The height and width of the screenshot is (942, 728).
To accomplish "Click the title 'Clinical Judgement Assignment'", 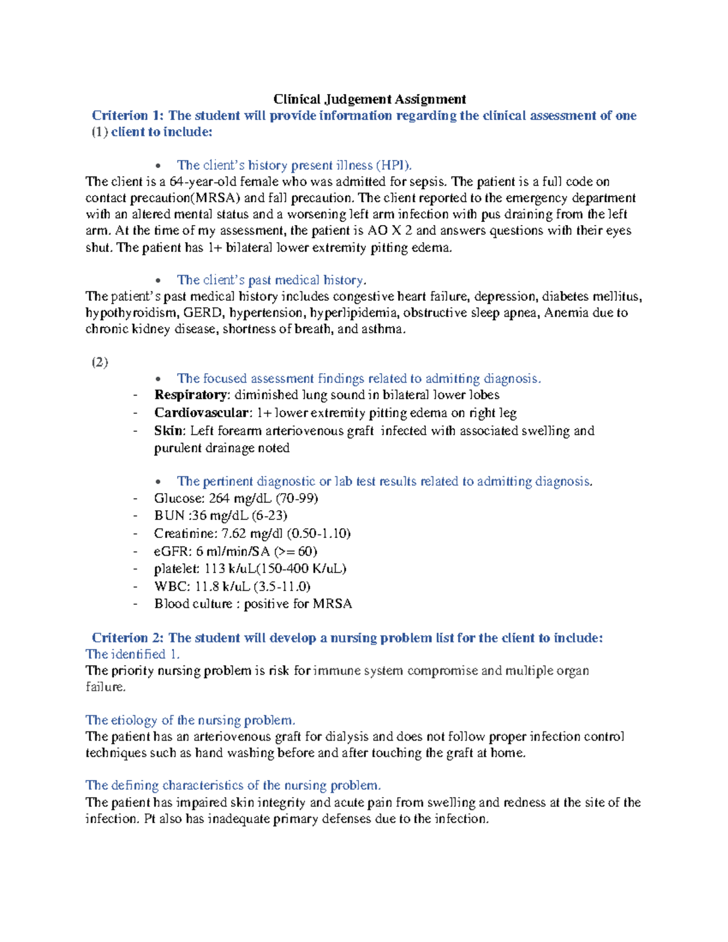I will (x=369, y=99).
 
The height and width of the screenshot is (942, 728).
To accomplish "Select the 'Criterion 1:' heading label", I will (x=128, y=116).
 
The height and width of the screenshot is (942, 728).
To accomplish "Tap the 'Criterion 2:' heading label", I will (x=128, y=638).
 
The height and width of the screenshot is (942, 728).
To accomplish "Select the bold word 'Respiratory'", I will (x=190, y=395).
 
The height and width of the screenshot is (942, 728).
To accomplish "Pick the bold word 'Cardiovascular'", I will (x=201, y=413).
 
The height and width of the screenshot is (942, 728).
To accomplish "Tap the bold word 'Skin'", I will (x=168, y=431).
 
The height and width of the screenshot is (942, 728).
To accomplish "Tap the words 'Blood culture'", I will (x=193, y=604).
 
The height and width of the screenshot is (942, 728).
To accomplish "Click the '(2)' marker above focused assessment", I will (x=99, y=363).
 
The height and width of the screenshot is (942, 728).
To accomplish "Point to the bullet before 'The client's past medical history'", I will (x=159, y=281).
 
